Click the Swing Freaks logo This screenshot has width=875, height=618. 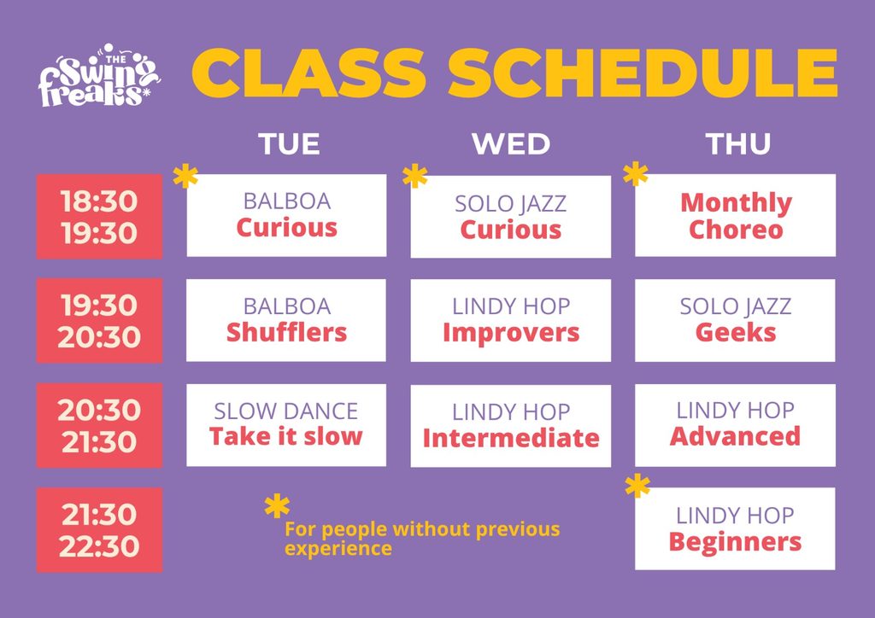pos(98,75)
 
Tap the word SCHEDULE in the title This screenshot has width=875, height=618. pos(643,73)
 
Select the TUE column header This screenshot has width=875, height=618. pos(289,143)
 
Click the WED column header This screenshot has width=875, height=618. pos(511,143)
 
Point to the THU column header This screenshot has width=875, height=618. pos(737,143)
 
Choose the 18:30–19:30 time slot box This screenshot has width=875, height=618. pos(99,216)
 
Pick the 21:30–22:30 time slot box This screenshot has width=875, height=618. pos(99,530)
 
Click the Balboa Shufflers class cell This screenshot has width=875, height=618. pos(286,320)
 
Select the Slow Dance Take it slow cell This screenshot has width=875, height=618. pos(286,425)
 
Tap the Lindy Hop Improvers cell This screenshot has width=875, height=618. pos(511,320)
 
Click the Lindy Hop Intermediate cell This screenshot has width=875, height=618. pos(511,426)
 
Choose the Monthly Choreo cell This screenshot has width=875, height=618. pos(736,215)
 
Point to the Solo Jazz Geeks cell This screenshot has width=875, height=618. pos(736,320)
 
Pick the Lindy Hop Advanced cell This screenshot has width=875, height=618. pos(736,425)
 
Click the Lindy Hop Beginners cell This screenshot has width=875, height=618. pos(736,529)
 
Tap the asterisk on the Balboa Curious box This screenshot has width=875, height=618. pos(185,176)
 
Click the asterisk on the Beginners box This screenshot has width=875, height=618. pos(637,486)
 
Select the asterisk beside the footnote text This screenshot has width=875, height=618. pos(277,506)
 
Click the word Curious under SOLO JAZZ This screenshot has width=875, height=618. pos(511,230)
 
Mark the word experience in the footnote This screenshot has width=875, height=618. pos(338,549)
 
